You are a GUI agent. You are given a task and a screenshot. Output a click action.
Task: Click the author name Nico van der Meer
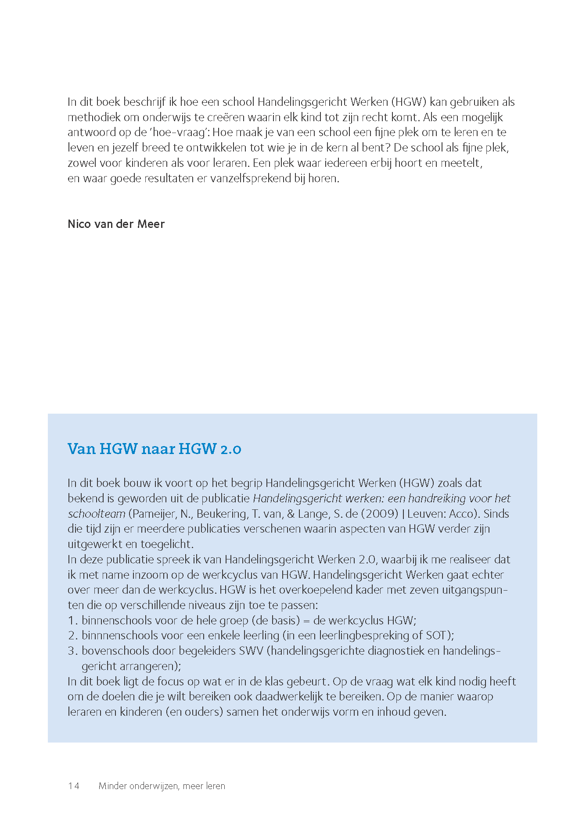[116, 224]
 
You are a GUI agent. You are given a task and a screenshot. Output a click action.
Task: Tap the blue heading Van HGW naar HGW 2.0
[154, 449]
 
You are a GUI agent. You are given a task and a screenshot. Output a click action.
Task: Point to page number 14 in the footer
[74, 786]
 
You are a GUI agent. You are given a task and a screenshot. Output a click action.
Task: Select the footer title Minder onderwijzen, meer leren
[162, 786]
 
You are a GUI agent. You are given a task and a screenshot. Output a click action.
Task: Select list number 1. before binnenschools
[73, 620]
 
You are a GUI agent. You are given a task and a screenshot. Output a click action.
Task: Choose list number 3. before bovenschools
[73, 651]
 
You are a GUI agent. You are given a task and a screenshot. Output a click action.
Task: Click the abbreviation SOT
[437, 635]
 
